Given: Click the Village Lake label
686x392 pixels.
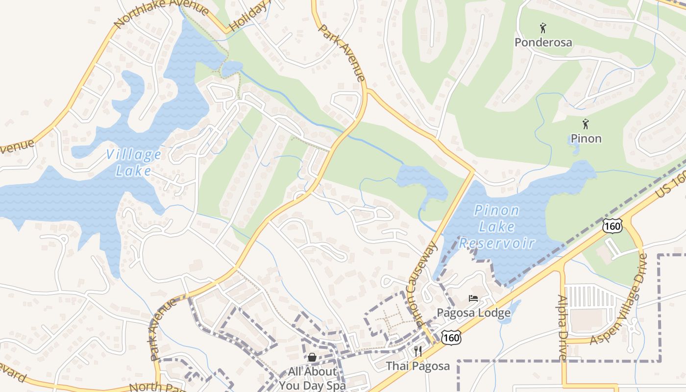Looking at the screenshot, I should (x=133, y=162).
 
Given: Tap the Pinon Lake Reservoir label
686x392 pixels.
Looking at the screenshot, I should (x=497, y=226).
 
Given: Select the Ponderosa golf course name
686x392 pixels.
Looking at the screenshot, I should (x=543, y=42).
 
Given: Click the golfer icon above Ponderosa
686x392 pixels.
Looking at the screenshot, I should (x=543, y=27).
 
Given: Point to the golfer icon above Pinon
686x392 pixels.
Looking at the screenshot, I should (x=585, y=124).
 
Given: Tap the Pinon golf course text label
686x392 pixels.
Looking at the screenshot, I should (x=586, y=139).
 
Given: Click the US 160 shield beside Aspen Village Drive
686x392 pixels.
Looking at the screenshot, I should (x=612, y=226).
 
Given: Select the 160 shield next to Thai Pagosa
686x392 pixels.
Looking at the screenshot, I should (x=451, y=337).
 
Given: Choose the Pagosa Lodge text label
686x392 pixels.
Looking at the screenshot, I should (x=473, y=313).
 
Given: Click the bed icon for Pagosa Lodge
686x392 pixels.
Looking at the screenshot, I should (x=473, y=298).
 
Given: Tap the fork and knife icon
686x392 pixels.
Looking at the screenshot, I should (x=417, y=351).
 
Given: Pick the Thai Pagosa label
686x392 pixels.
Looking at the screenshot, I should (x=417, y=366).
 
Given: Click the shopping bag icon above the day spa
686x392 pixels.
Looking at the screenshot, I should (x=312, y=357).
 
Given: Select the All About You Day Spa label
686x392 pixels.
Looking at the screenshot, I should (x=313, y=378).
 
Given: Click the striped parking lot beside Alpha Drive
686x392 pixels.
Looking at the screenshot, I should (x=590, y=296).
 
